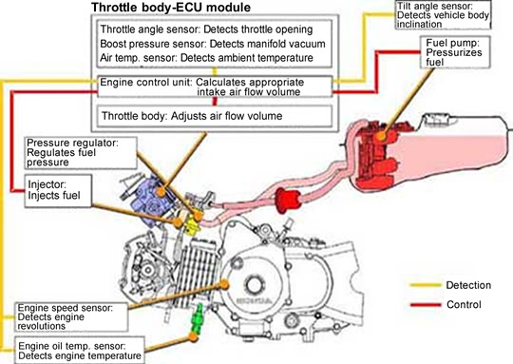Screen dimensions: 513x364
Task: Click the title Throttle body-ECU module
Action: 171,8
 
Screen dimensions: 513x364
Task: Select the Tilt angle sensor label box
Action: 443,15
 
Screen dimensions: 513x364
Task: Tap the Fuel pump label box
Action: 455,52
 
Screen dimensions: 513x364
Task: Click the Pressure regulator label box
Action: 81,153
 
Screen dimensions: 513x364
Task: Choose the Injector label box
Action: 58,191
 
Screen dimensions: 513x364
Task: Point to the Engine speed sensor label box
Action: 71,316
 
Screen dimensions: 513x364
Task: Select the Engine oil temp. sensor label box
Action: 80,351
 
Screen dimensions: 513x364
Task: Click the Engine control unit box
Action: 215,86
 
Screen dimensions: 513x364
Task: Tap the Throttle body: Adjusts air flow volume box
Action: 215,116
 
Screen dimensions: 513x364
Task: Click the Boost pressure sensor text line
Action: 213,44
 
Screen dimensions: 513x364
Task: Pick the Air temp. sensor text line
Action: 206,58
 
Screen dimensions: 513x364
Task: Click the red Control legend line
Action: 426,305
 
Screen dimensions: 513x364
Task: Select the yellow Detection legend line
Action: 426,285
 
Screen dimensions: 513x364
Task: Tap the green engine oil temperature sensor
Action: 198,318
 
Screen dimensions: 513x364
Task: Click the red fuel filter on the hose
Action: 288,200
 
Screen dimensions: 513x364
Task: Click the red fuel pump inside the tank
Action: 379,155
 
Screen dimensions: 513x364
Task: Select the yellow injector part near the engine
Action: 191,225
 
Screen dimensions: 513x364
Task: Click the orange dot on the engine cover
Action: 224,284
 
